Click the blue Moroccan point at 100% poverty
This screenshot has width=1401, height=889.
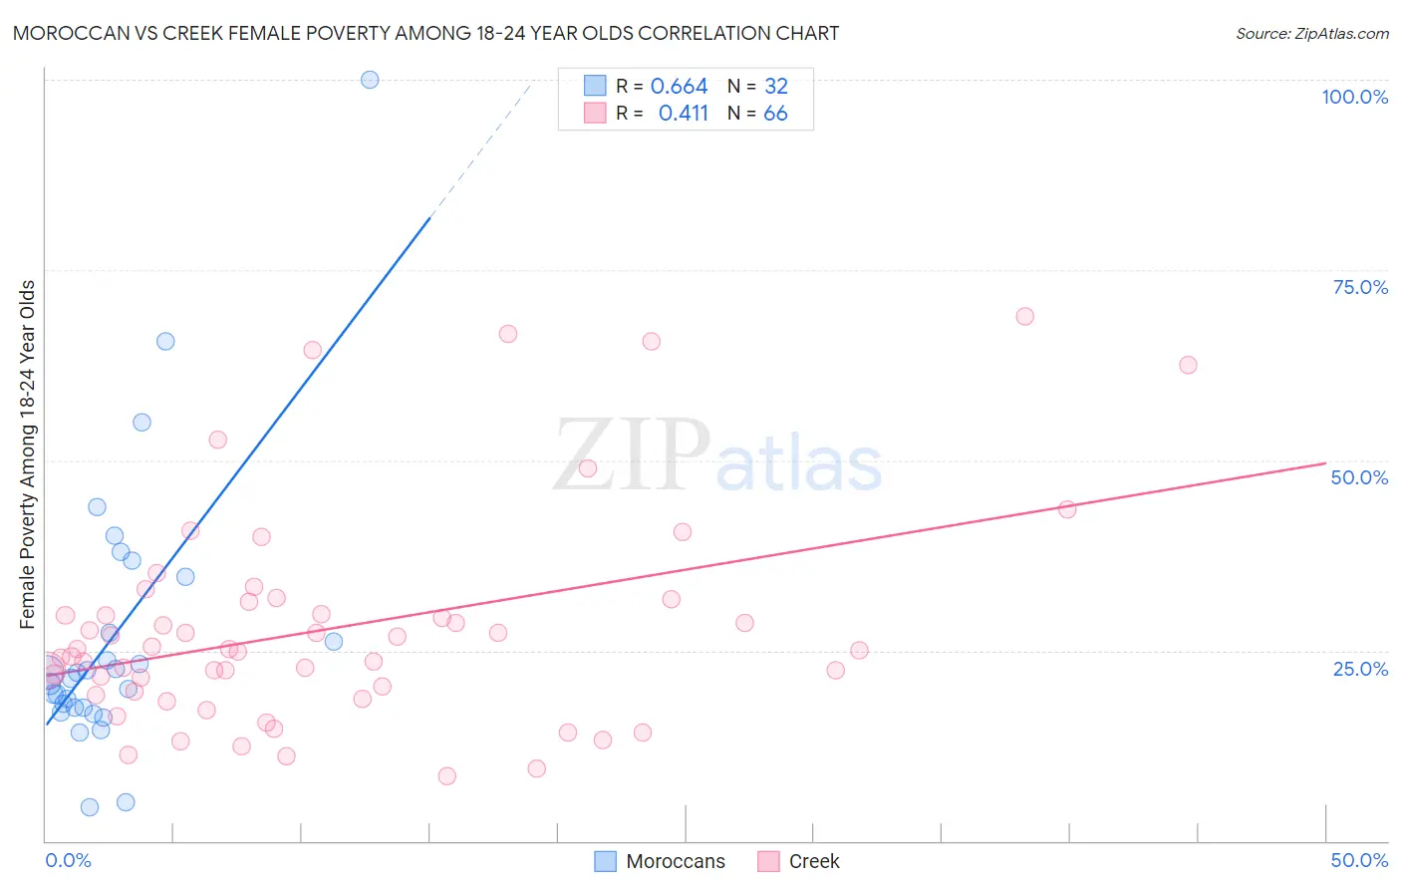370,80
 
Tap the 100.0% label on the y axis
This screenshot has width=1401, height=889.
1354,97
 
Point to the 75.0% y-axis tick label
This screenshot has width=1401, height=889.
1360,287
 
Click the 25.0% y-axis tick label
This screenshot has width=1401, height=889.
1360,668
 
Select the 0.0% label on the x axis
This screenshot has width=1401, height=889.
68,860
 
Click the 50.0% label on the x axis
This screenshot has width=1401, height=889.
1359,860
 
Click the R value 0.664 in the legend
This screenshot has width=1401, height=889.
679,87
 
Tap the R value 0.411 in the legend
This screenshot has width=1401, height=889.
683,114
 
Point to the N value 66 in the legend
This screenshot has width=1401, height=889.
775,114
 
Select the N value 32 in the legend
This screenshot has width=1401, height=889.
775,87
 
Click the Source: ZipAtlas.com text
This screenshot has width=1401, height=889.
1311,34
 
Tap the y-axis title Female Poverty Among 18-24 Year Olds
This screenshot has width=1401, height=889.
28,454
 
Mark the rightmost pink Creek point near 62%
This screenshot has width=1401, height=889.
1188,365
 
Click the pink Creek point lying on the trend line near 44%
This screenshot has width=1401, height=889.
1067,509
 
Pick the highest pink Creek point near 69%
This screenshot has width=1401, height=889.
1024,316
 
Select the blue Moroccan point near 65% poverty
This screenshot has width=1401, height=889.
165,341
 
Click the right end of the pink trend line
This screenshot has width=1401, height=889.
1325,463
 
